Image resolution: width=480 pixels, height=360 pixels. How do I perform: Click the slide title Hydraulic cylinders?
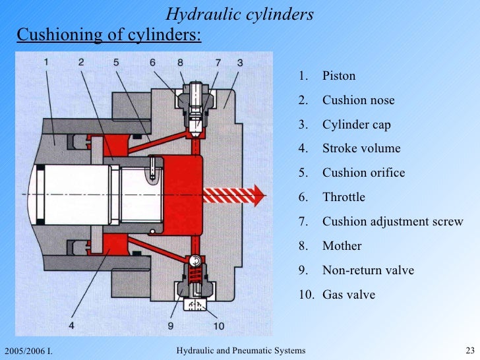click(x=239, y=14)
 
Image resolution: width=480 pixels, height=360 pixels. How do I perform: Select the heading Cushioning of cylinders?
click(x=109, y=34)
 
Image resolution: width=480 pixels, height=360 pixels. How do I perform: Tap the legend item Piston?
click(x=339, y=76)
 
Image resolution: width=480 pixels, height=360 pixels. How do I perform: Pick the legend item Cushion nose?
click(x=358, y=100)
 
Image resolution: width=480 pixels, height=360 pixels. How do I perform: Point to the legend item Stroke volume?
click(x=361, y=148)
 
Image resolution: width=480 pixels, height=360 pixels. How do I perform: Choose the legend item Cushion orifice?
click(x=363, y=173)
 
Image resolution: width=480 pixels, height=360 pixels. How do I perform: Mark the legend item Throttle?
click(x=344, y=197)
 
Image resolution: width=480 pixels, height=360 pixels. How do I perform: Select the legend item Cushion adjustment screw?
click(x=392, y=222)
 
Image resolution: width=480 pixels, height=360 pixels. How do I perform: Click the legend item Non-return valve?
click(x=368, y=270)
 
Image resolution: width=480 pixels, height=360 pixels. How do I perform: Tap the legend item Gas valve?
click(x=348, y=295)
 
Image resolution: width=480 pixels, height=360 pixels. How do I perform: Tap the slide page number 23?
click(x=470, y=349)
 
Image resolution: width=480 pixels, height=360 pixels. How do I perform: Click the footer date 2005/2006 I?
click(x=28, y=350)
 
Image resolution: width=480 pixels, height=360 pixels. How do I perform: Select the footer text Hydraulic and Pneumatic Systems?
click(x=241, y=349)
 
